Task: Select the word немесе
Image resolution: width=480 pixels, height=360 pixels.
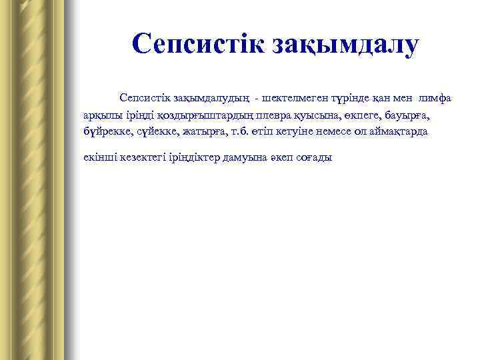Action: [x=323, y=132]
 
